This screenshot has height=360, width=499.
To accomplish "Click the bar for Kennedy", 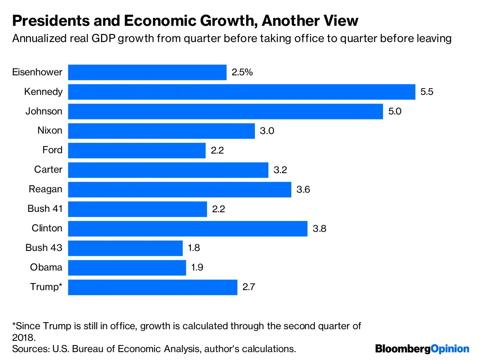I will [242, 92].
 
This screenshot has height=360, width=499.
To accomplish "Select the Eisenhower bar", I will [147, 72].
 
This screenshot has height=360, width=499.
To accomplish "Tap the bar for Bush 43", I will [125, 248].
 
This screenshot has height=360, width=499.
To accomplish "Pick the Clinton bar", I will [188, 228].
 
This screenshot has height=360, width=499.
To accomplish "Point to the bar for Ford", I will [137, 150].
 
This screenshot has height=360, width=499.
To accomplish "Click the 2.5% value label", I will [242, 72].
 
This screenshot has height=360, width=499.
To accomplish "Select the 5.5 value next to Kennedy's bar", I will [427, 92].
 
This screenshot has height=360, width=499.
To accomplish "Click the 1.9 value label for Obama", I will [198, 268].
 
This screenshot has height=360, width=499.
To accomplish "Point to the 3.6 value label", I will [303, 189].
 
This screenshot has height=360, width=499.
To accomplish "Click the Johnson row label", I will [44, 111].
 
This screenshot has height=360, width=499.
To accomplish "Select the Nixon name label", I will [50, 131].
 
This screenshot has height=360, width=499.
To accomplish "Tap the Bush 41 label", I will [45, 209].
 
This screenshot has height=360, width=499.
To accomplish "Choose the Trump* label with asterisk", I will [46, 287].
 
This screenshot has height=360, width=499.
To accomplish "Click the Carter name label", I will [48, 169].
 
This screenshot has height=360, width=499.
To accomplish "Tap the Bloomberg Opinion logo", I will [422, 348].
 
